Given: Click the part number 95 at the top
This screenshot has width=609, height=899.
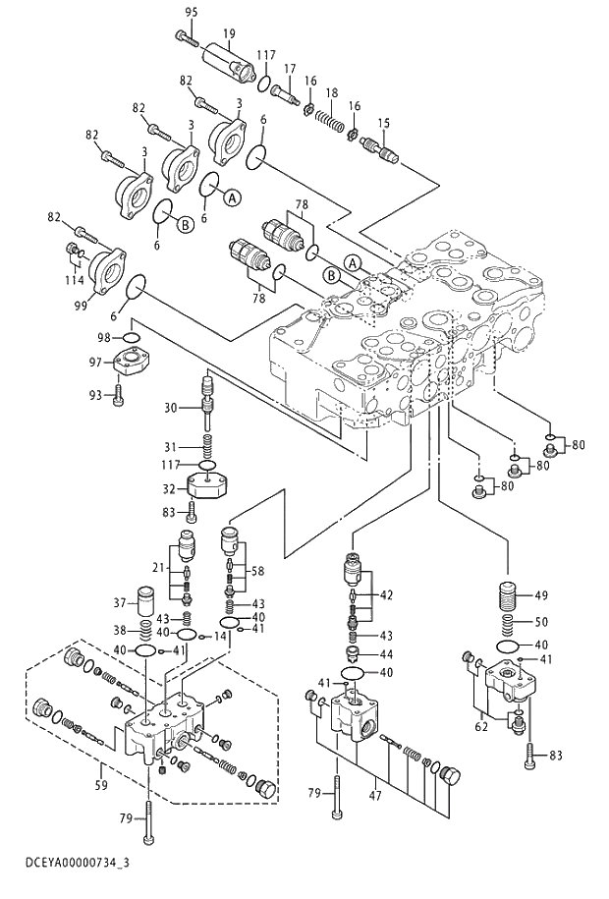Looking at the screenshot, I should coord(191,11).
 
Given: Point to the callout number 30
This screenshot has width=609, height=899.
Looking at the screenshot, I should coord(169,408).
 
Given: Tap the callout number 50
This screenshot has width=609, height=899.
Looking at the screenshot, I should coord(541,622).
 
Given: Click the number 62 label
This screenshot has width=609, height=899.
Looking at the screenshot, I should coord(480,728).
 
